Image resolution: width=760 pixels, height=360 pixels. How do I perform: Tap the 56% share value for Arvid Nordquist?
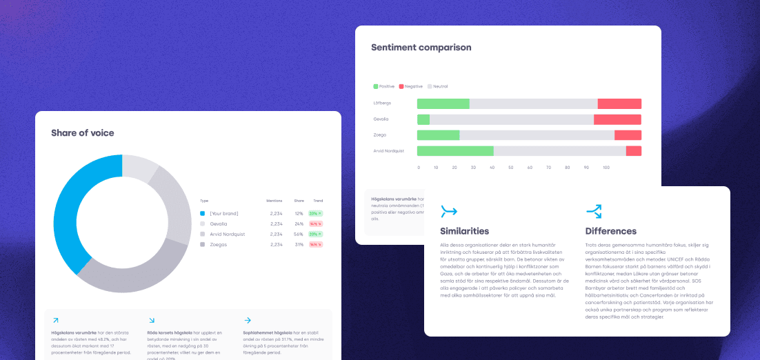[299, 234]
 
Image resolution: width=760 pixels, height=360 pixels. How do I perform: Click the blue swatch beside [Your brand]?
[203, 213]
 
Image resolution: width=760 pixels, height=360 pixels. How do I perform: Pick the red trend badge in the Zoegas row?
[316, 244]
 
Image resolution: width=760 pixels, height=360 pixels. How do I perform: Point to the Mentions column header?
[274, 201]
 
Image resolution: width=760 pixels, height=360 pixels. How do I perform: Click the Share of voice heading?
[83, 132]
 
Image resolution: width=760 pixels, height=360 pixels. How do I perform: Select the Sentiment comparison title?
[421, 48]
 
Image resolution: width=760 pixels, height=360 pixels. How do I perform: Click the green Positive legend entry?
[384, 86]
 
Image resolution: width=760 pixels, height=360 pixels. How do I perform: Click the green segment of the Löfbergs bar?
[443, 103]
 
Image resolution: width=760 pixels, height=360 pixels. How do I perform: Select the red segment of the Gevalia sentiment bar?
[617, 119]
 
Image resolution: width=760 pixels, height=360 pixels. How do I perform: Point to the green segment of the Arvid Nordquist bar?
[455, 151]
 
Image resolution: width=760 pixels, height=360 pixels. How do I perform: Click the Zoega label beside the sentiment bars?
[379, 135]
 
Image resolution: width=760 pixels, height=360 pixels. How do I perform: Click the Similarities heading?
[464, 231]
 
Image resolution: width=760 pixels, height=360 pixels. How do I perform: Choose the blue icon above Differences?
[593, 211]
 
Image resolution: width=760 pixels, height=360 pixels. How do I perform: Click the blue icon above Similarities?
[448, 211]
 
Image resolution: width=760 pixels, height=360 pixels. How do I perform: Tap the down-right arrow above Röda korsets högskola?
[151, 320]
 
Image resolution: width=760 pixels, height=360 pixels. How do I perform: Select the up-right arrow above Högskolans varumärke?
[55, 320]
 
